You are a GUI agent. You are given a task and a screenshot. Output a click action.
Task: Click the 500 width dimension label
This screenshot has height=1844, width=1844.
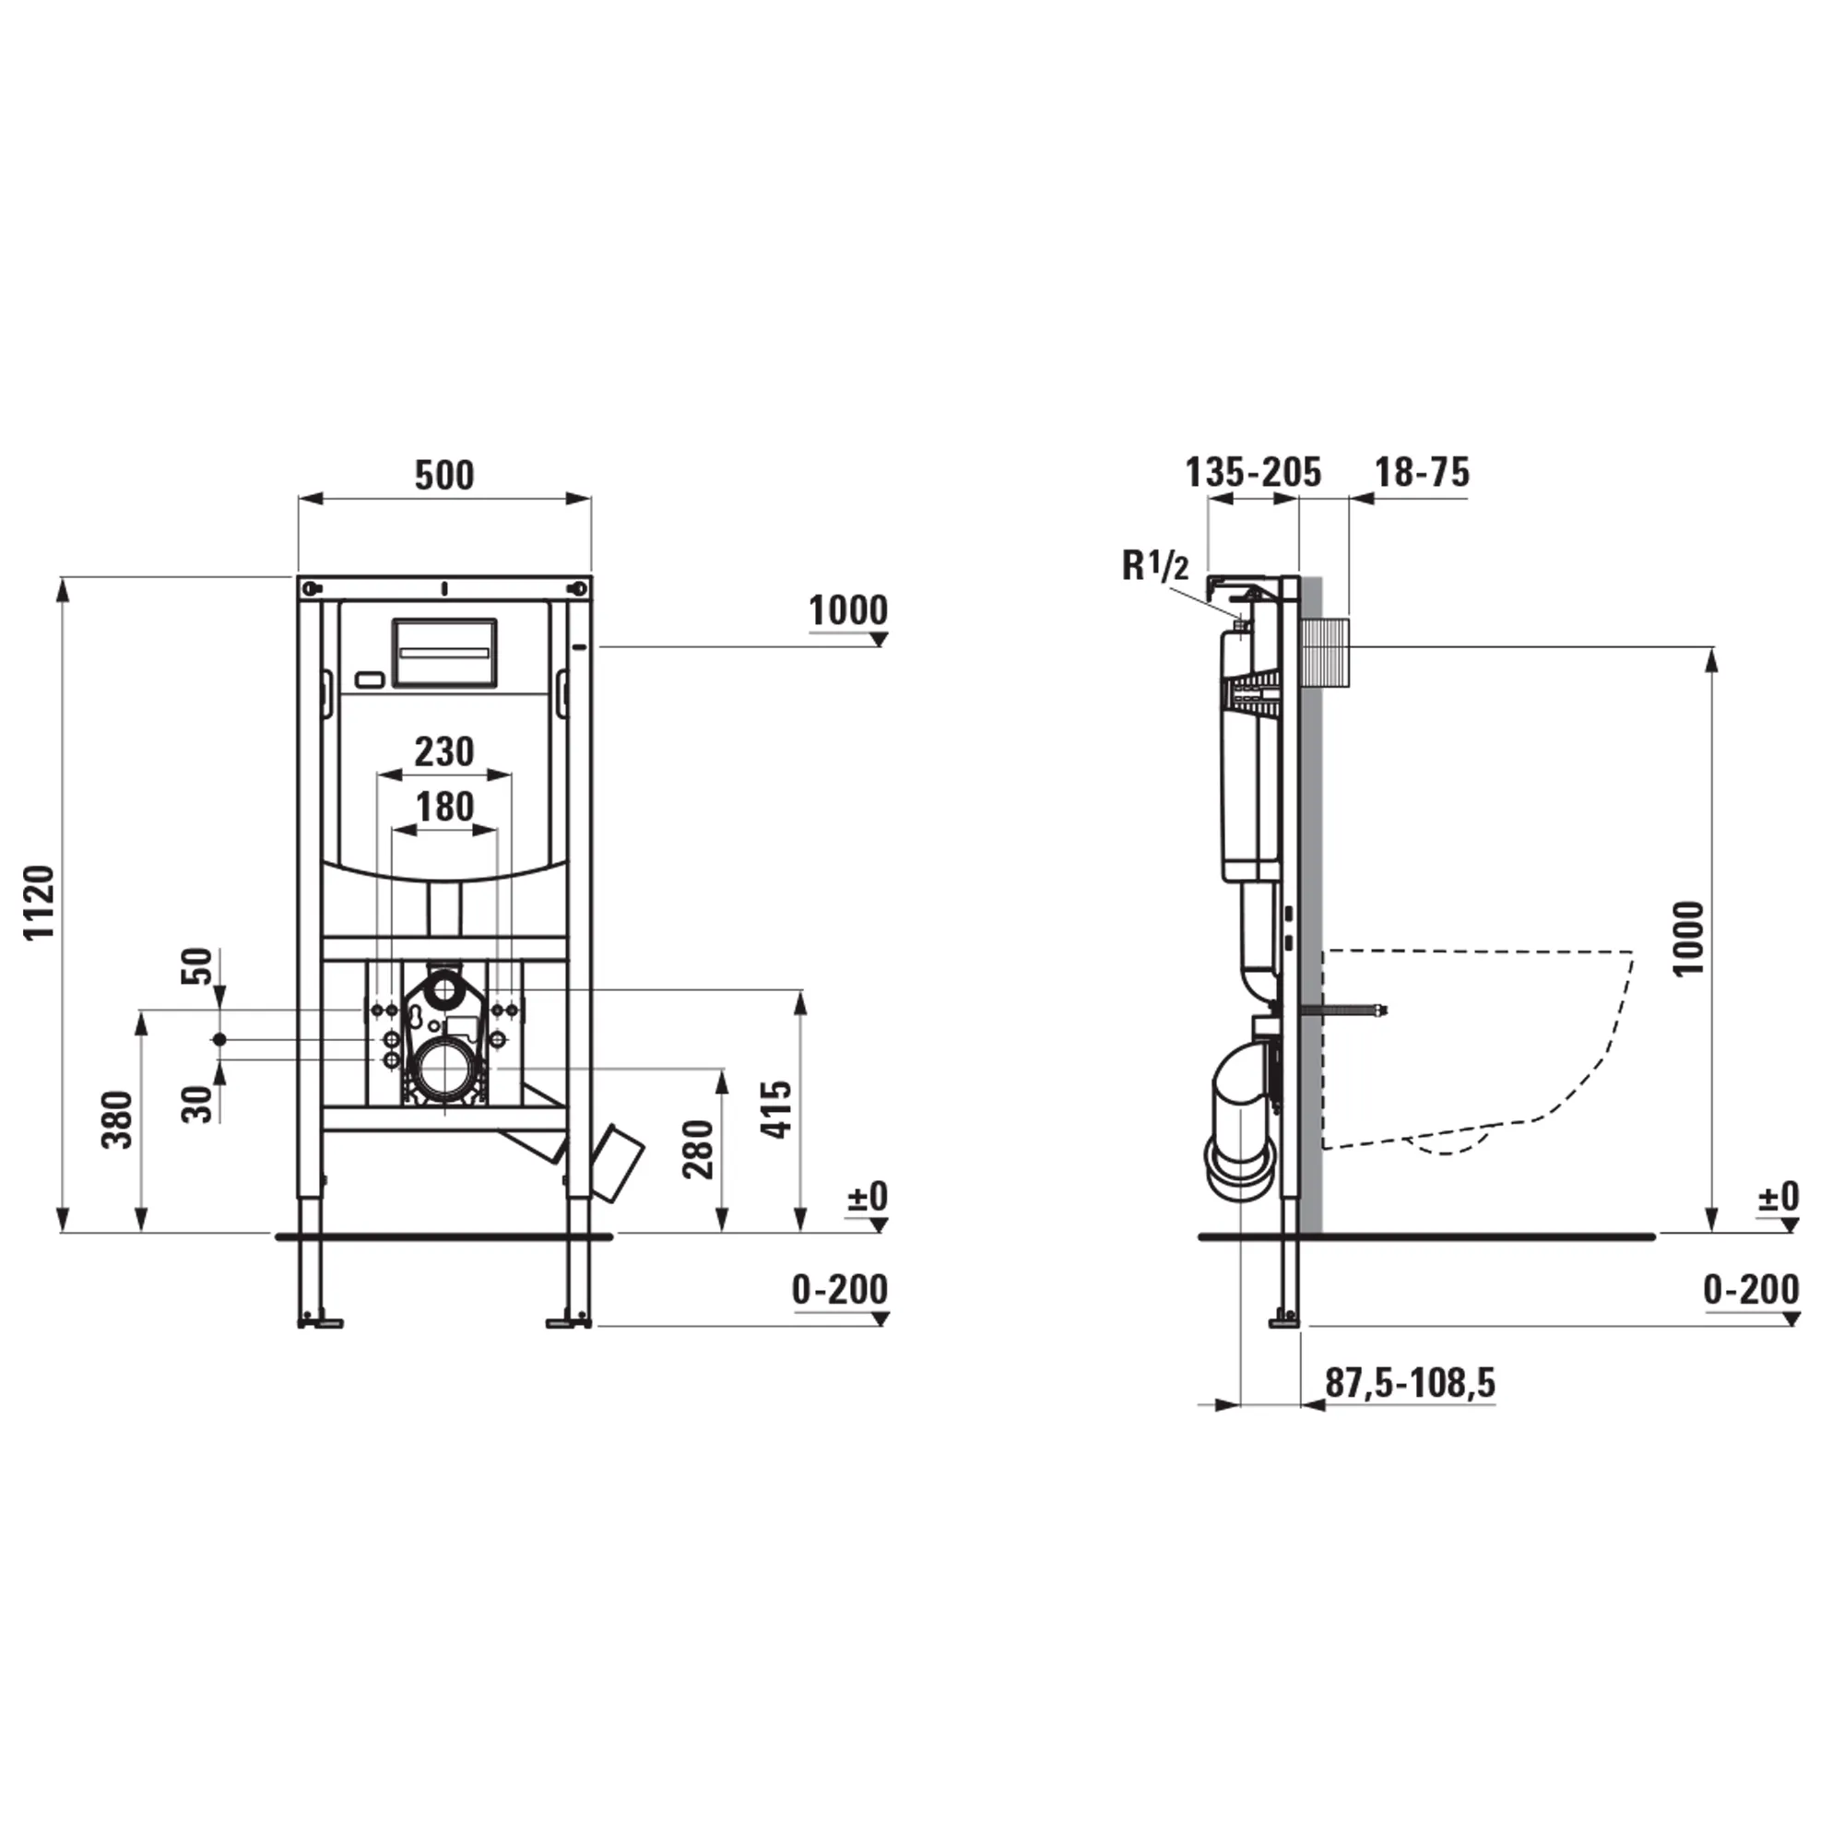coord(443,476)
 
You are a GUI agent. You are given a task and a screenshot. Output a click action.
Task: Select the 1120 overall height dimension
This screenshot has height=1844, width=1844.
coord(39,903)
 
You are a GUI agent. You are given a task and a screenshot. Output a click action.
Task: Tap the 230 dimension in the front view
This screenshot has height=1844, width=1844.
coord(443,752)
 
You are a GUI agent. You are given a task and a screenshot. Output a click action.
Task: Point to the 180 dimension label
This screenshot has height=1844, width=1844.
coord(444,808)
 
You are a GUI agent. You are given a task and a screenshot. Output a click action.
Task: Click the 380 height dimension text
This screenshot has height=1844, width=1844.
coord(119,1119)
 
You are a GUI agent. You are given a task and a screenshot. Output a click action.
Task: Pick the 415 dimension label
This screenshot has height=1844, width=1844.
coord(777,1110)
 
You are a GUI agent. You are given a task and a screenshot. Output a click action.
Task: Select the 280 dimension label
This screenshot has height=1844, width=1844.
coord(699,1150)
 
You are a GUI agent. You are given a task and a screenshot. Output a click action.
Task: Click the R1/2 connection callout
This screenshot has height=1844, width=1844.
coord(1155,566)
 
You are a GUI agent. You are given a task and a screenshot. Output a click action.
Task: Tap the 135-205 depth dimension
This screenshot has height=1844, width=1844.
coord(1253,472)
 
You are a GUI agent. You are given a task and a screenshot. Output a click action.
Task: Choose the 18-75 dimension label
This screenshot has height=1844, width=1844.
coord(1422,472)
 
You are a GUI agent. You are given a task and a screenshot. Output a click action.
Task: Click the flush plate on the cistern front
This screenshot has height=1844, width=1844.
coord(444,652)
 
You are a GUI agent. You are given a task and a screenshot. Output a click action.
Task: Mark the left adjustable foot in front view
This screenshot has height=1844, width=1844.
coord(320,1323)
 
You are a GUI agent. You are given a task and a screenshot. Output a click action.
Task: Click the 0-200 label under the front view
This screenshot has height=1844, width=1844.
coord(840,1291)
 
